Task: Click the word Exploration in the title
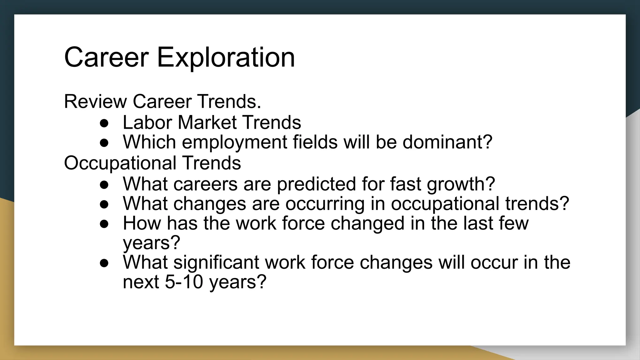point(226,57)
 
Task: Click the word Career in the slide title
point(106,57)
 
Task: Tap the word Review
point(95,102)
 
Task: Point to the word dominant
point(447,142)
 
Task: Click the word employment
point(234,142)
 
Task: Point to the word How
point(142,223)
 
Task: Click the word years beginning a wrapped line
point(152,243)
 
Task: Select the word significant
point(216,262)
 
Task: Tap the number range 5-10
point(184,282)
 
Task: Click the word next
point(141,282)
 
